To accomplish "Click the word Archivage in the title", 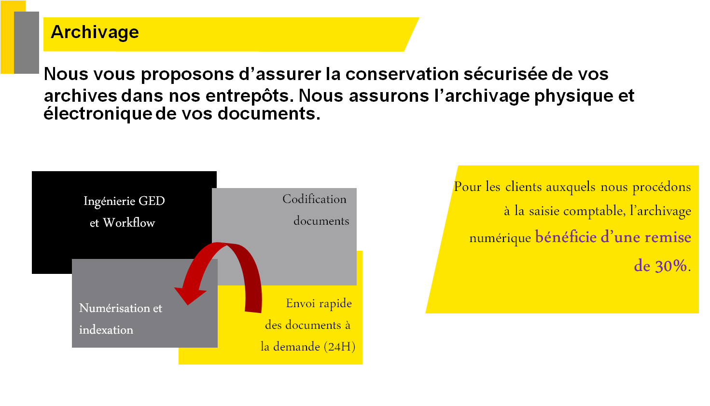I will tap(95, 32).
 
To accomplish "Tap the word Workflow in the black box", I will tap(129, 223).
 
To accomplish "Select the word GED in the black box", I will tap(152, 201).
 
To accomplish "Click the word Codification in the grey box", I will tap(314, 199).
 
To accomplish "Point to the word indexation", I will tap(106, 330).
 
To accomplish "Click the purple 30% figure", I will tap(660, 266).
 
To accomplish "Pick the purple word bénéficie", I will tap(566, 237).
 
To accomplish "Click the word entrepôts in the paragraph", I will tap(247, 95).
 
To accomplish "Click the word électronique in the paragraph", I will tap(98, 114).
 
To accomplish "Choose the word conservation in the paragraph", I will tap(402, 74).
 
